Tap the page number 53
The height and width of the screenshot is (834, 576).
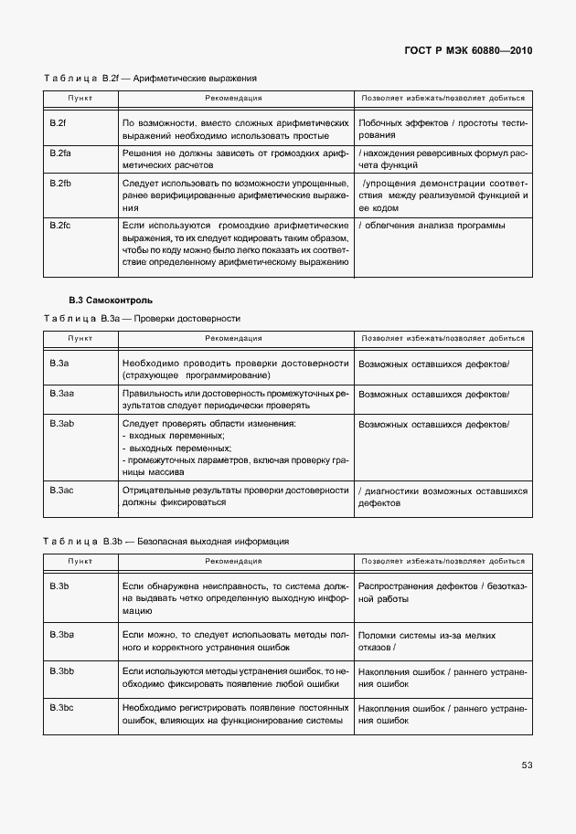pyautogui.click(x=527, y=765)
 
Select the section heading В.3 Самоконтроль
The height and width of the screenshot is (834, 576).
pyautogui.click(x=112, y=300)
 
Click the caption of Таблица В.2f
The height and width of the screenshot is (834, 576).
pyautogui.click(x=151, y=79)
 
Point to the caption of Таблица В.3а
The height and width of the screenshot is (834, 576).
pyautogui.click(x=142, y=319)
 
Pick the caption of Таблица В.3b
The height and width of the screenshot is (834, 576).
pyautogui.click(x=166, y=541)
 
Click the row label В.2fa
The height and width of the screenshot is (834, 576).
pyautogui.click(x=60, y=153)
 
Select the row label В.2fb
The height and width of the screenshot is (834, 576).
pyautogui.click(x=60, y=184)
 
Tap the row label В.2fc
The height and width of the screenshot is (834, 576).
pyautogui.click(x=60, y=225)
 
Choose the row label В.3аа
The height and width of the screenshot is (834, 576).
pyautogui.click(x=61, y=394)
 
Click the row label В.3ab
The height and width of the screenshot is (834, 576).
pyautogui.click(x=61, y=425)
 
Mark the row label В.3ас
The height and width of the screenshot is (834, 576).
pyautogui.click(x=61, y=491)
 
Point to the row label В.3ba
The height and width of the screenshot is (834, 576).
pyautogui.click(x=61, y=634)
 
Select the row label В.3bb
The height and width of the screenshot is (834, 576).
pyautogui.click(x=61, y=671)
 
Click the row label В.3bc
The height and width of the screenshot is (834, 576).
pyautogui.click(x=61, y=708)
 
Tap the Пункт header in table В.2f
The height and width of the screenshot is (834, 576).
pyautogui.click(x=80, y=98)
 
